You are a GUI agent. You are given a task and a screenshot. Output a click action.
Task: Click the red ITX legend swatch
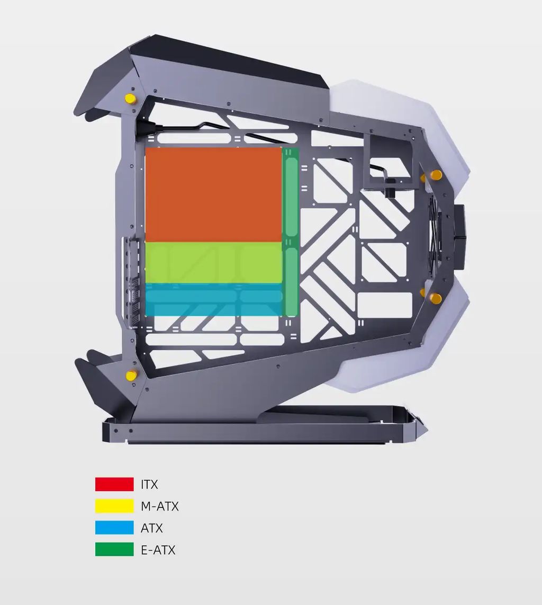click(x=114, y=484)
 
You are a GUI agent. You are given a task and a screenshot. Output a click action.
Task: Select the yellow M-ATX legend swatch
click(x=114, y=506)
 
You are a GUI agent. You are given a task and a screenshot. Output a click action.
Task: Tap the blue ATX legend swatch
click(x=114, y=528)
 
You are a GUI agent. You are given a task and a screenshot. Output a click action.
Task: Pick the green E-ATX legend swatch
click(x=114, y=549)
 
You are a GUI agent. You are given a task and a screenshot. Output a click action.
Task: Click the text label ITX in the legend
click(x=149, y=484)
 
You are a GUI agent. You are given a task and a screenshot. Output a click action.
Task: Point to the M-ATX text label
click(x=160, y=506)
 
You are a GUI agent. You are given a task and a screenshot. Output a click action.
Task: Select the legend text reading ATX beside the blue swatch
click(x=151, y=528)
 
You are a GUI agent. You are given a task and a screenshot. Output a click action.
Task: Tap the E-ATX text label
click(x=158, y=549)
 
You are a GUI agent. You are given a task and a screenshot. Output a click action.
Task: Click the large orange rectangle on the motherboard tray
click(x=213, y=194)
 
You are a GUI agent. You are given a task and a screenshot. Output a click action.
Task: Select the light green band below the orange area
click(x=213, y=263)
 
